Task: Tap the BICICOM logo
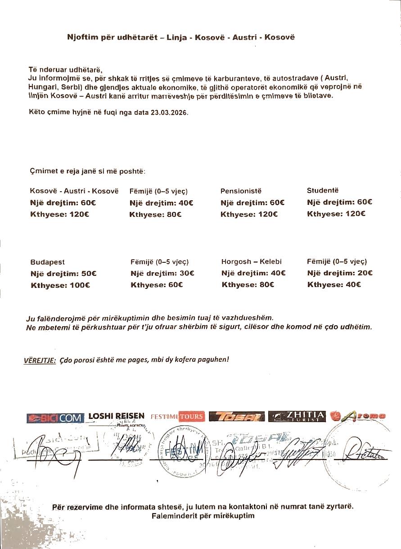(x=55, y=418)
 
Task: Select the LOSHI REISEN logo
(x=117, y=416)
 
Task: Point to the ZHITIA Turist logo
(x=297, y=416)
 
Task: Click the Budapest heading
(x=47, y=262)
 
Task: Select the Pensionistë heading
(x=241, y=191)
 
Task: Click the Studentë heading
(x=323, y=190)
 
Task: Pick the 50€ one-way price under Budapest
(x=89, y=273)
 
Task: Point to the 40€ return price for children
(x=353, y=284)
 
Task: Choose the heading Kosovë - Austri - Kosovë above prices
(x=74, y=191)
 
